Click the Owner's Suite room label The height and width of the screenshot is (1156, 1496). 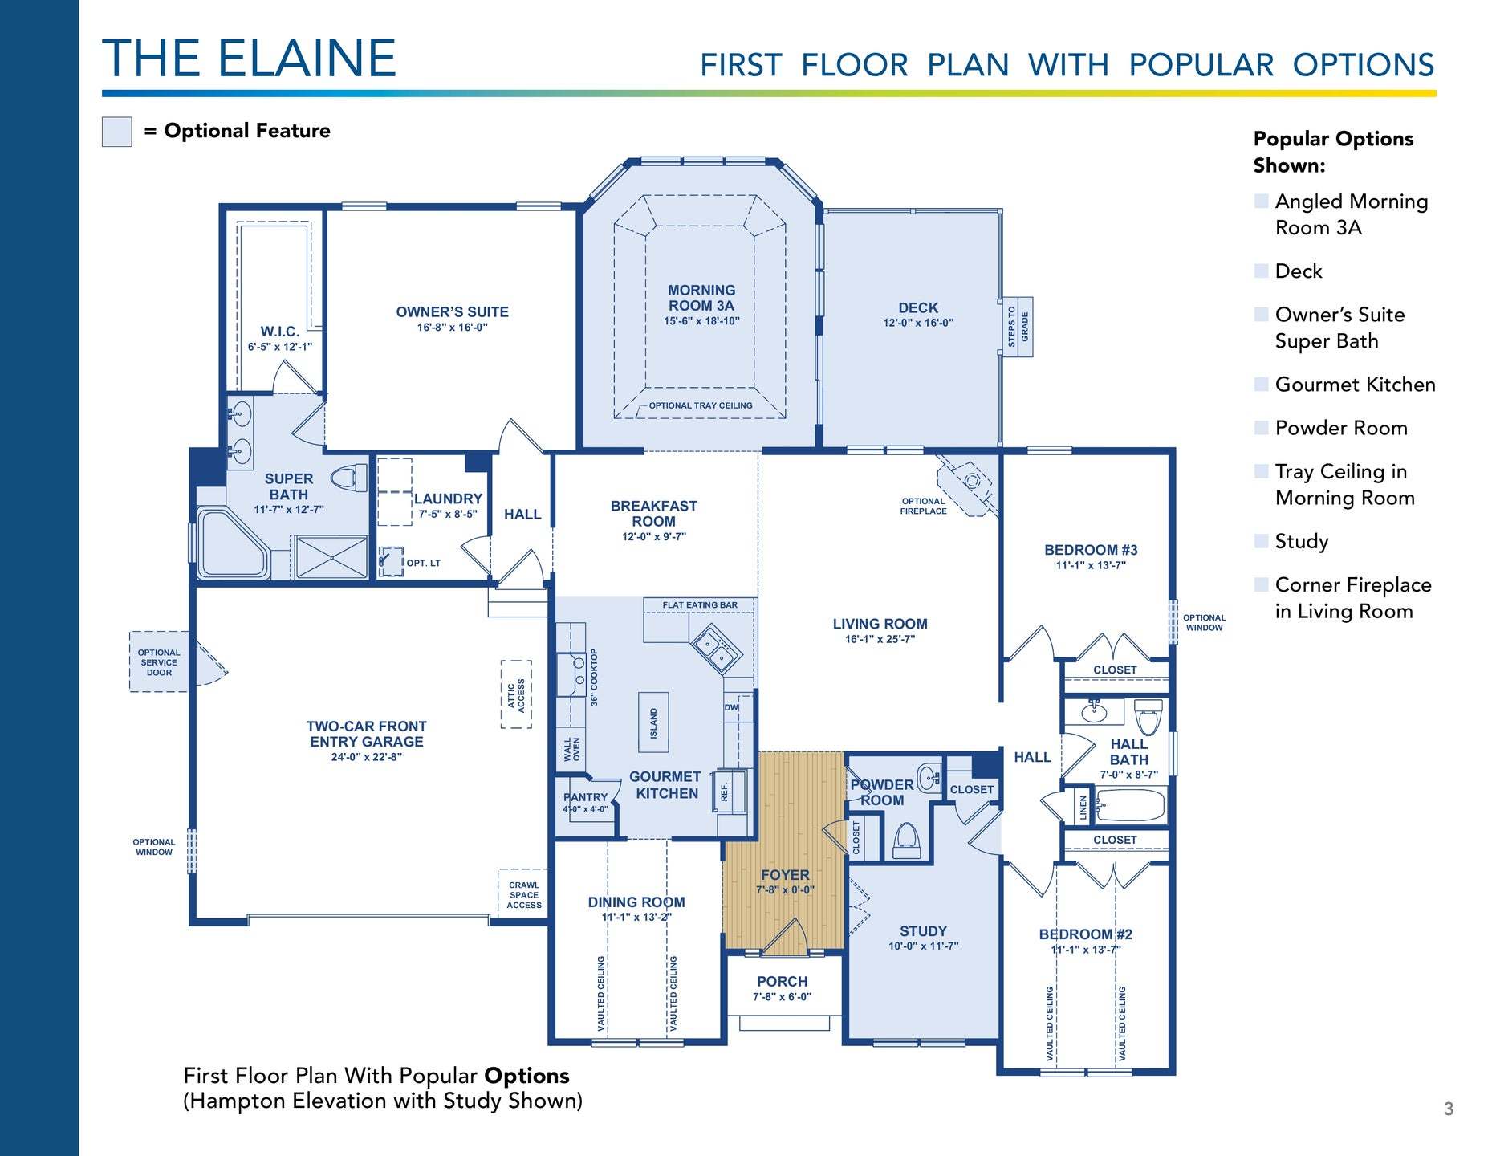tap(452, 312)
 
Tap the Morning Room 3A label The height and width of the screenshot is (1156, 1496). tap(701, 298)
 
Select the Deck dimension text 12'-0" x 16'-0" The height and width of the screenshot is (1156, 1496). tap(918, 323)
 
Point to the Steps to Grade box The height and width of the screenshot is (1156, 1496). tap(1018, 328)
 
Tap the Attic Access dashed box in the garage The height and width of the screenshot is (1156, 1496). tap(516, 694)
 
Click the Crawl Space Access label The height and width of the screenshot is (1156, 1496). tap(524, 895)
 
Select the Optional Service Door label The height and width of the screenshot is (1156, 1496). tap(159, 662)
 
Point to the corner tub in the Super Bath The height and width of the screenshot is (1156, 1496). tap(232, 543)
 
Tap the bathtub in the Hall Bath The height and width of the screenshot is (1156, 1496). tap(1130, 805)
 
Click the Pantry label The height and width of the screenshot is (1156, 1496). tap(586, 797)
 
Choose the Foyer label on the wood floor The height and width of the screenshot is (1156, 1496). tap(785, 875)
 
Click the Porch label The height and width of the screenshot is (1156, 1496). tap(783, 982)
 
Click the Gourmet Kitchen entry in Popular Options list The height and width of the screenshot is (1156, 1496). tap(1355, 385)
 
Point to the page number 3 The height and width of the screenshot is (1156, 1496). tap(1449, 1109)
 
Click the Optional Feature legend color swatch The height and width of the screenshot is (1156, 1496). tap(116, 132)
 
